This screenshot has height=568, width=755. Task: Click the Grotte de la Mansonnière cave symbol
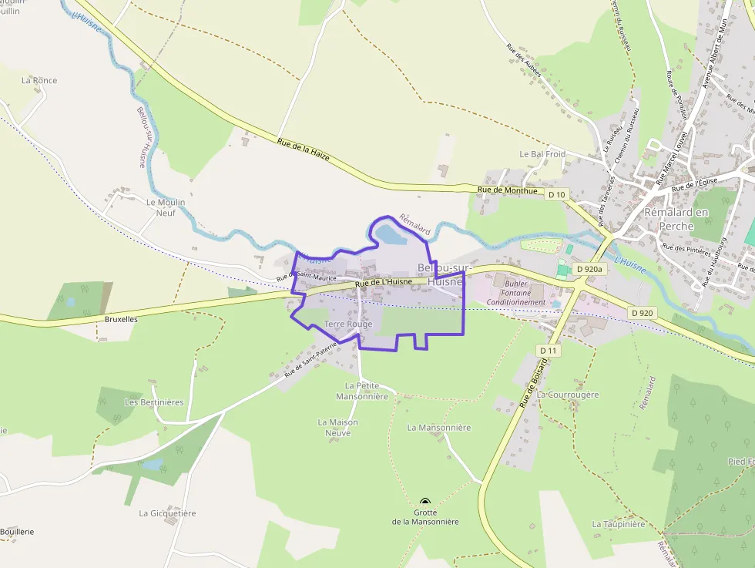[424, 502]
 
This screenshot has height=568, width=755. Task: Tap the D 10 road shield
[557, 195]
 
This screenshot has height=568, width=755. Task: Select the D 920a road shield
[590, 270]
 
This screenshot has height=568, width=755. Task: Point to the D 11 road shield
[549, 351]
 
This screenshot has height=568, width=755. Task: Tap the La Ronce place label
[39, 80]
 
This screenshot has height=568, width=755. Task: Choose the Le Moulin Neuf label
[166, 207]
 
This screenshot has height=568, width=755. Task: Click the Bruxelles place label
[120, 318]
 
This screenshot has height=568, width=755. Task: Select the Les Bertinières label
[154, 402]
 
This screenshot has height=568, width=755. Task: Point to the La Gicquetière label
[167, 513]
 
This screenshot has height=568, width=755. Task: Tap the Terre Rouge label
[348, 324]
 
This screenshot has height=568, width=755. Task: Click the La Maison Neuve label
[338, 428]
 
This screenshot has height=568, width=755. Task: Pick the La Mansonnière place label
[438, 427]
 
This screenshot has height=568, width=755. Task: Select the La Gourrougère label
[568, 395]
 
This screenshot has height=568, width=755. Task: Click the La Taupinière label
[618, 524]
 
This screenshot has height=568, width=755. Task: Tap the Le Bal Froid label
[542, 154]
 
